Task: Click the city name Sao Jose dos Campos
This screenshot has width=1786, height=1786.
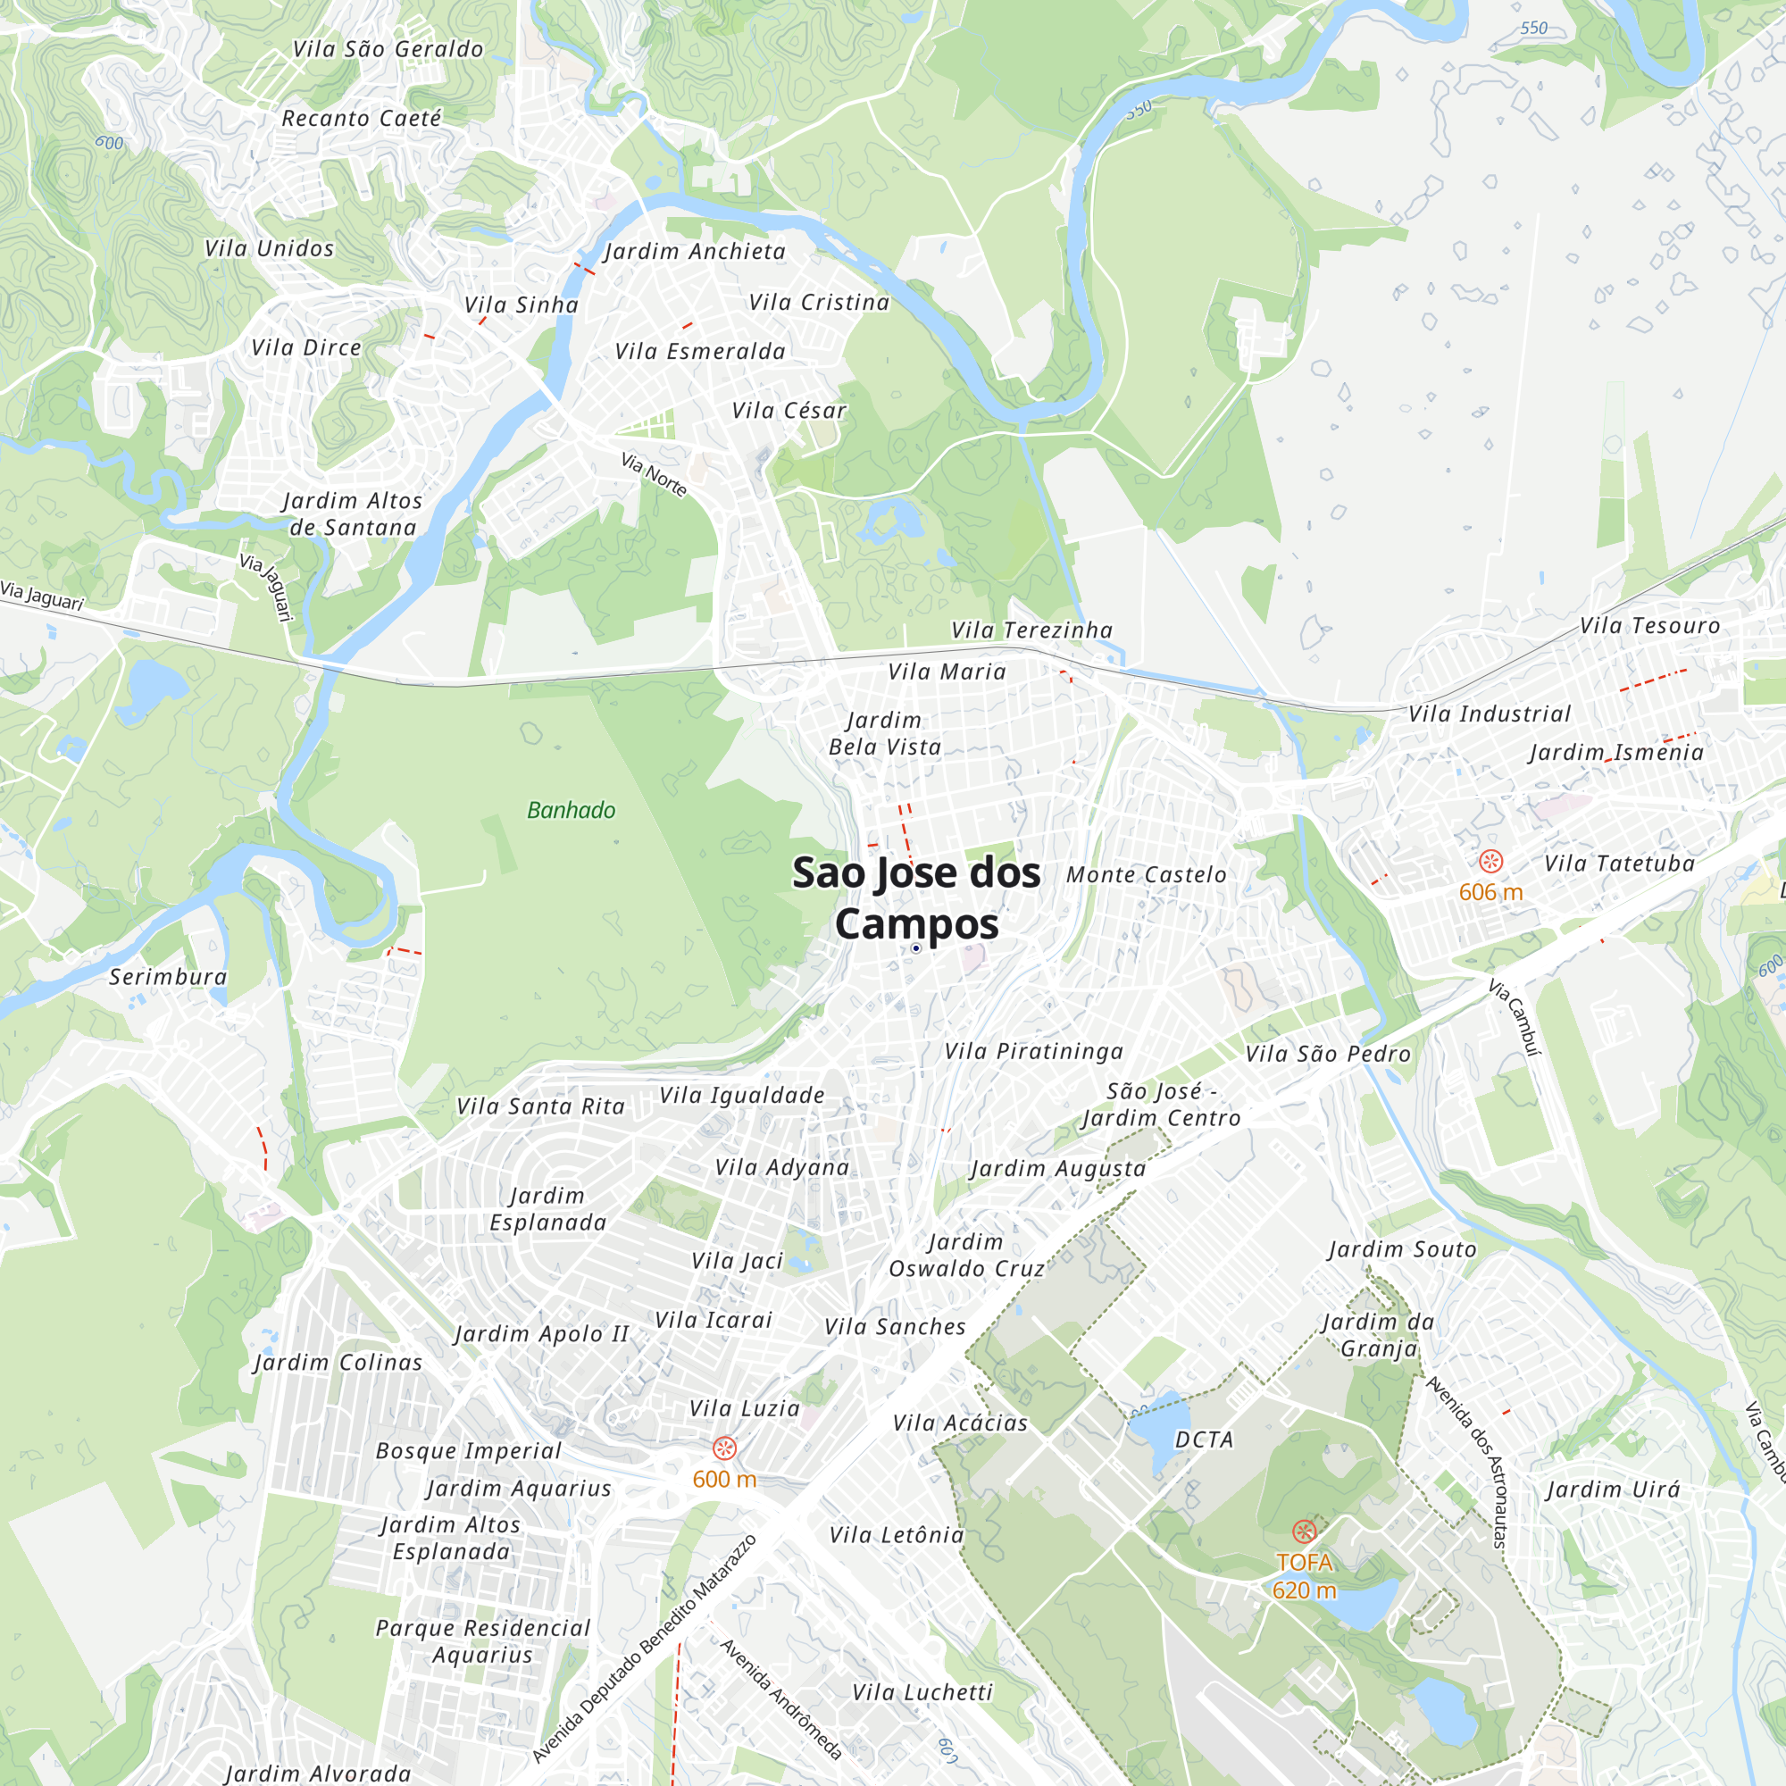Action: (x=916, y=897)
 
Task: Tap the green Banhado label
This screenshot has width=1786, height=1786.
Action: (x=572, y=811)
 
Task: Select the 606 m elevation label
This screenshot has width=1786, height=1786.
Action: (x=1490, y=892)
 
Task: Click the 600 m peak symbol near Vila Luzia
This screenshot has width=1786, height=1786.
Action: (x=725, y=1448)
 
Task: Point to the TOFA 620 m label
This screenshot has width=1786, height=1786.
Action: (x=1304, y=1576)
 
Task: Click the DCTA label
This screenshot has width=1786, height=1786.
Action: (x=1204, y=1440)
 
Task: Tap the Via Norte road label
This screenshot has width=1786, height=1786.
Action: (x=654, y=474)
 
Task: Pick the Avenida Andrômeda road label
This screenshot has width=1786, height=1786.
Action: (x=781, y=1698)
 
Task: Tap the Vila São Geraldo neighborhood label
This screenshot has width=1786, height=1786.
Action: (x=388, y=49)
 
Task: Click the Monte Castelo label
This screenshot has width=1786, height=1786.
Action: (x=1147, y=874)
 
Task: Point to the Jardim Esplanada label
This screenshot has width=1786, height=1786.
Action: (x=548, y=1209)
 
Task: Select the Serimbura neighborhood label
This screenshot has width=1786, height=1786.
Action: (x=168, y=977)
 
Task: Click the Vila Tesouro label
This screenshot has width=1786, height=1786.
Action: (x=1650, y=626)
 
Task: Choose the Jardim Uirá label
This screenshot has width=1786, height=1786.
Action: (x=1613, y=1490)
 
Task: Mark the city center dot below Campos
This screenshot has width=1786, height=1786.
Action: (x=916, y=948)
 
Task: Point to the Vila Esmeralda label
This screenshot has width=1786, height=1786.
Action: (x=701, y=351)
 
